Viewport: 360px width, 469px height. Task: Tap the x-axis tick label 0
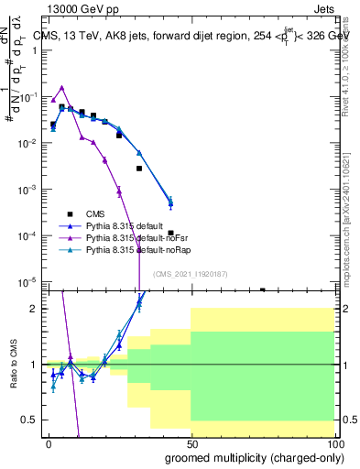49,442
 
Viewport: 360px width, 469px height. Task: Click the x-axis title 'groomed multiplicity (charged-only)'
254,456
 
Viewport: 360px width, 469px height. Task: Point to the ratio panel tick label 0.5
30,420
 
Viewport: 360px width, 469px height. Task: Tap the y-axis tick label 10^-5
27,281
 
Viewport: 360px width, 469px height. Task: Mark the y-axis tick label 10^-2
27,144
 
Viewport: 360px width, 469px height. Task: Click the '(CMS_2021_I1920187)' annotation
190,273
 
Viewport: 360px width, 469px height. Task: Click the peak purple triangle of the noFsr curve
61,88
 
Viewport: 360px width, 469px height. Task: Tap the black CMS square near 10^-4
171,234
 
